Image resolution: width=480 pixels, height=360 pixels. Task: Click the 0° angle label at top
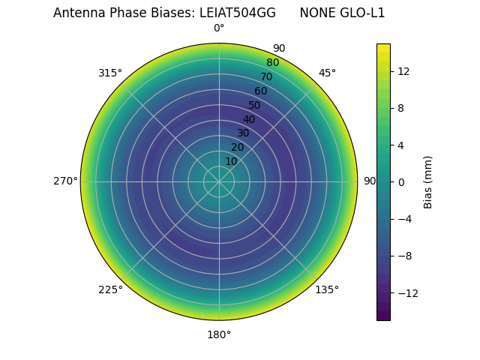[x=219, y=28]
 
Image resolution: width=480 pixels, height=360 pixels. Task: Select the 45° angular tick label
[x=327, y=73]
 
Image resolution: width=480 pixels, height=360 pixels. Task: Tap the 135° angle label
[x=327, y=289]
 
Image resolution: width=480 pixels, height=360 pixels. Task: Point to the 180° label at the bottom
[x=219, y=334]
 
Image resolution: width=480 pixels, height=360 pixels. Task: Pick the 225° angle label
[x=110, y=289]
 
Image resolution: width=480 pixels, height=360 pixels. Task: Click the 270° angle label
[x=65, y=181]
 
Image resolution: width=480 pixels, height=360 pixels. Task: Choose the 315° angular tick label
[x=110, y=73]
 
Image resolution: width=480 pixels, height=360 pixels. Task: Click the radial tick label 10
[x=231, y=161]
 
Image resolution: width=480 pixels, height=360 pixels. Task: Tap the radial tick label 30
[x=243, y=133]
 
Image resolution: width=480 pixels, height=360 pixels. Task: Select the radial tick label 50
[x=255, y=105]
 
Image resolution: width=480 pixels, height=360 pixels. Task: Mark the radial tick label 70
[x=266, y=76]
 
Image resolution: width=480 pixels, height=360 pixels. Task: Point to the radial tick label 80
[x=272, y=62]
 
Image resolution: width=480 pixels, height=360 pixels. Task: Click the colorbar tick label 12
[x=403, y=70]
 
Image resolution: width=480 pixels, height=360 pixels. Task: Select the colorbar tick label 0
[x=401, y=181]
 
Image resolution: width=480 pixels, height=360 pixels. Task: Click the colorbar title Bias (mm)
[x=428, y=181]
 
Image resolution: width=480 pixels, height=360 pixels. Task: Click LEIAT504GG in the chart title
[x=237, y=13]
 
